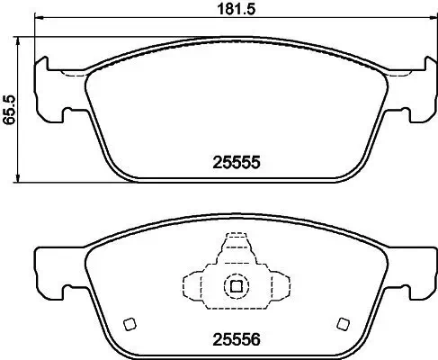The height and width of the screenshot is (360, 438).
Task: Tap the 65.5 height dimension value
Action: (x=9, y=110)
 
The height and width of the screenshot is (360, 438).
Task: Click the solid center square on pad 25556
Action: (x=236, y=287)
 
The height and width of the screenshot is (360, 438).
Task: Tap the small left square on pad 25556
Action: (x=129, y=325)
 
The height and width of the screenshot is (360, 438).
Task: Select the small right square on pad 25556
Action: (x=341, y=325)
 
